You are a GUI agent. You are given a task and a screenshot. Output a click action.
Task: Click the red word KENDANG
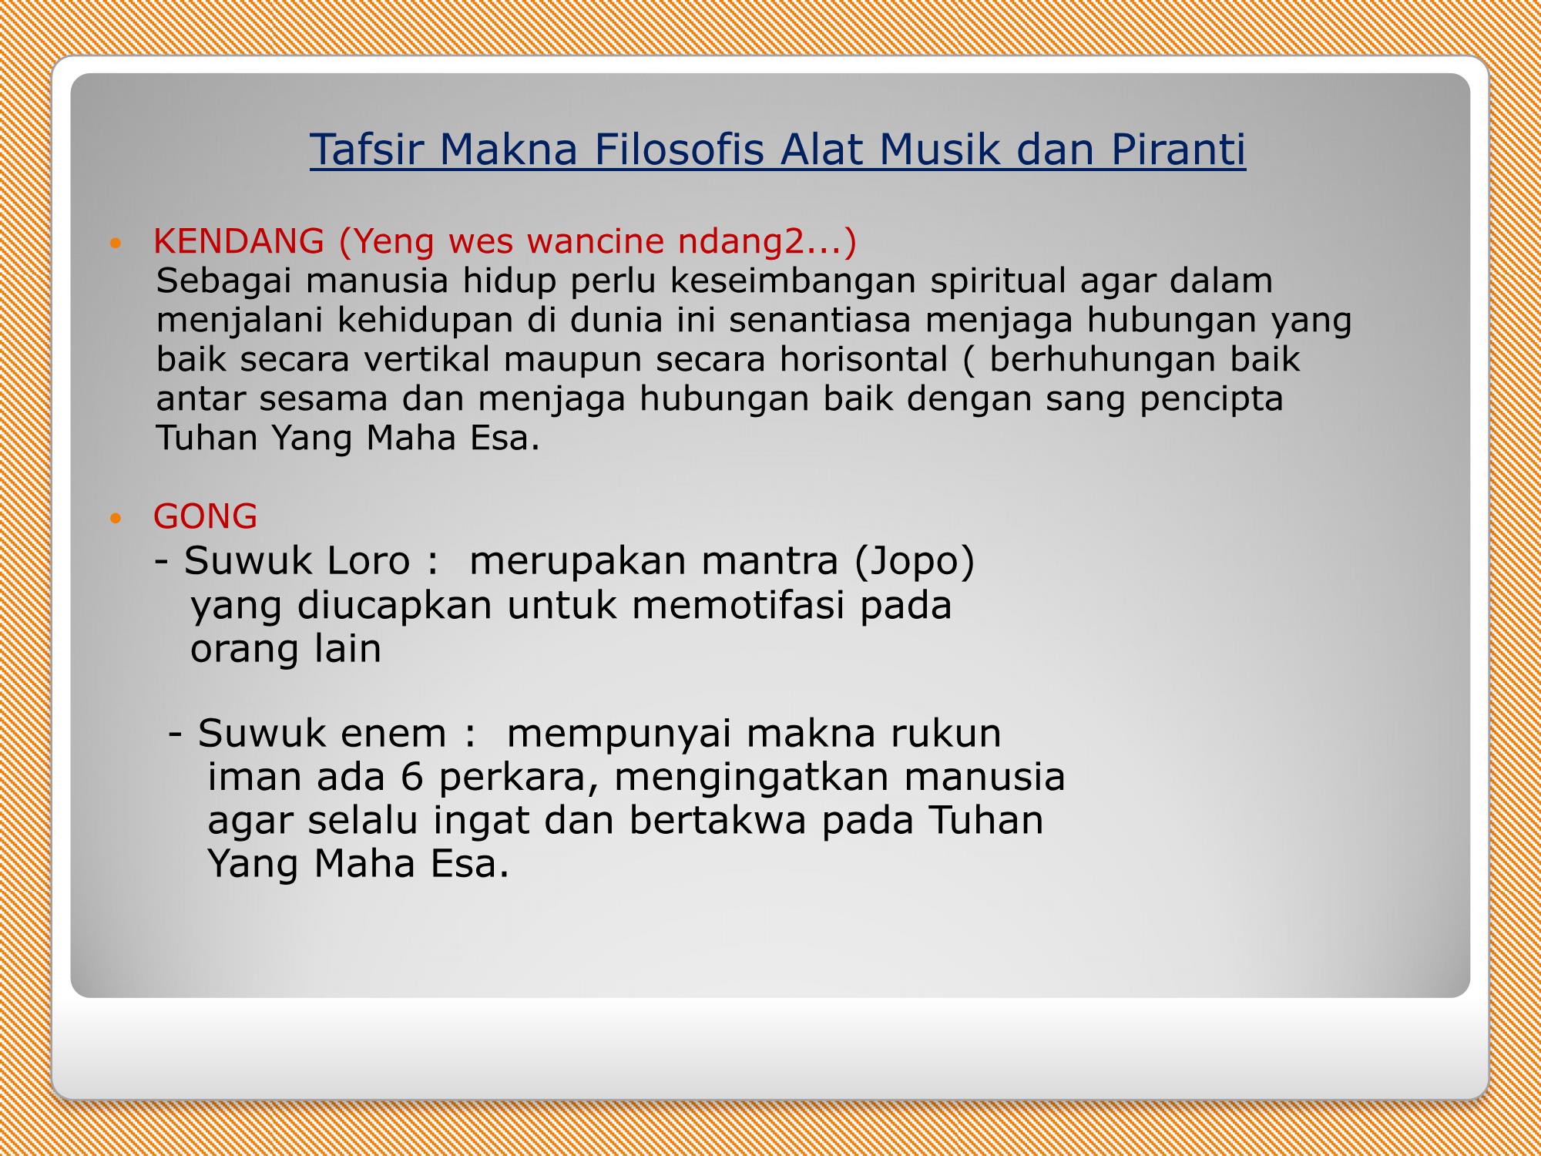[239, 241]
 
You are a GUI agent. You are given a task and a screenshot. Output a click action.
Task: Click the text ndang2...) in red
[767, 242]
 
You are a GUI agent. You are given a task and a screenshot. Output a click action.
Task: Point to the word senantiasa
[820, 321]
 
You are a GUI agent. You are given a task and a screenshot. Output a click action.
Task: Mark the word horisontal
[863, 360]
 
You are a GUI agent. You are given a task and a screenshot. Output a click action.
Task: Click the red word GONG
[206, 516]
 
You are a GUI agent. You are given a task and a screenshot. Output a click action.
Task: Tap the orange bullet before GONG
[116, 519]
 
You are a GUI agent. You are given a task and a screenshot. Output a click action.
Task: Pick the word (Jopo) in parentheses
[915, 561]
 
